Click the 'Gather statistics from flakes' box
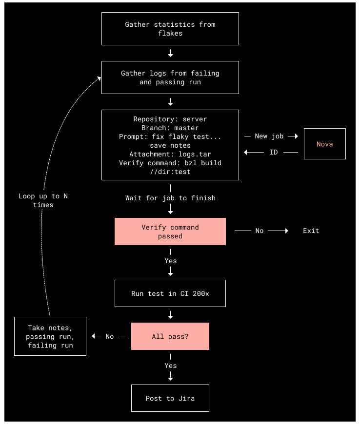click(170, 29)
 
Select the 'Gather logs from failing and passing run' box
click(170, 77)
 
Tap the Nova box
click(325, 144)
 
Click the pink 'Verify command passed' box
click(170, 231)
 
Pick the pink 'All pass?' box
click(170, 336)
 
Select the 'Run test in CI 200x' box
click(170, 293)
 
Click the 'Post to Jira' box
click(170, 398)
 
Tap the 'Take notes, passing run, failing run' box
click(50, 336)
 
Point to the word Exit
click(311, 231)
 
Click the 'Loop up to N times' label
click(43, 200)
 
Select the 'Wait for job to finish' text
click(170, 198)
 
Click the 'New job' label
click(269, 136)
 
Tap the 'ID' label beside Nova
click(274, 152)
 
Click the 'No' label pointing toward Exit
click(260, 231)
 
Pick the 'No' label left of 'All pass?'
click(110, 336)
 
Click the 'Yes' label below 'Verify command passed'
click(171, 261)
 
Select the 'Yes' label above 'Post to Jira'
click(171, 366)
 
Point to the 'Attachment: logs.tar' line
click(170, 154)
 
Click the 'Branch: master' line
click(170, 128)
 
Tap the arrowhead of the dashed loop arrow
click(100, 78)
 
